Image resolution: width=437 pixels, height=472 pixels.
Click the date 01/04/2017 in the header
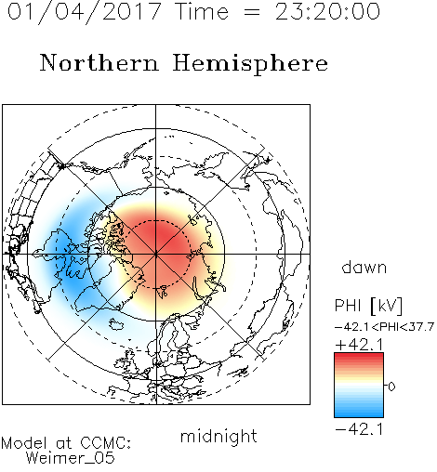85,12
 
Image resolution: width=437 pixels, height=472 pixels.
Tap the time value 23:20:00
327,11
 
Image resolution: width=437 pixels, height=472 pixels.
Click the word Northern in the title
99,62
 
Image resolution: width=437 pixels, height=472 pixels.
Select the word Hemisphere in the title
250,64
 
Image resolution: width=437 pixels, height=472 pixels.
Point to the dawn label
364,267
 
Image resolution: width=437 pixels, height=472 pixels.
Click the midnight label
218,437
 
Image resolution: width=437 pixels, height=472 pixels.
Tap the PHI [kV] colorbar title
368,306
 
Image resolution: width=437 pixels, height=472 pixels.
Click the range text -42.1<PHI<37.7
384,327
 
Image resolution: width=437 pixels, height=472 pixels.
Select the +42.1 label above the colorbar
359,345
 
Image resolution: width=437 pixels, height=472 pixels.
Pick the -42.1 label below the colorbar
359,429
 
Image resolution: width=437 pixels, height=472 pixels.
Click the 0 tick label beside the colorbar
391,387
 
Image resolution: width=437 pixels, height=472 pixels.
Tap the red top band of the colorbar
359,358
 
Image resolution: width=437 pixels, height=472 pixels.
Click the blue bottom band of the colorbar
359,413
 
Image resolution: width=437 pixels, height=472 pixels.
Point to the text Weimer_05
71,458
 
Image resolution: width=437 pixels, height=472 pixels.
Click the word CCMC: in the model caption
106,443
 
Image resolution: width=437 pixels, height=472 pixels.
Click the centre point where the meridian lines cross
156,255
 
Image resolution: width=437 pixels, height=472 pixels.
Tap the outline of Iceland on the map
116,324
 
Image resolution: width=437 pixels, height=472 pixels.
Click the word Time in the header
202,11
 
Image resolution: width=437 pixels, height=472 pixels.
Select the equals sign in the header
252,13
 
